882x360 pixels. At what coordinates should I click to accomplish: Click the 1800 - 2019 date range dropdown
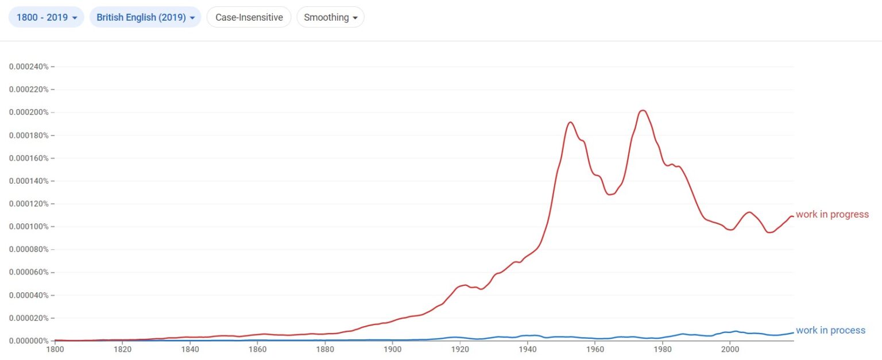coord(47,17)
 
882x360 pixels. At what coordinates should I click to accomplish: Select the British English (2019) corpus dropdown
coord(145,17)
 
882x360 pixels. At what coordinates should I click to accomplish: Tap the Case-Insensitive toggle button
coord(249,17)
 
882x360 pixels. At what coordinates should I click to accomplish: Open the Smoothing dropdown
coord(330,17)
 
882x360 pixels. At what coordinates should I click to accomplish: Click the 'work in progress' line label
coord(832,215)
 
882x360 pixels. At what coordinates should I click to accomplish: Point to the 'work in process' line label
coord(830,330)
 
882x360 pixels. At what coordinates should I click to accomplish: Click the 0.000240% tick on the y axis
coord(29,67)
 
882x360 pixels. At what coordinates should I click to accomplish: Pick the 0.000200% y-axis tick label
coord(29,113)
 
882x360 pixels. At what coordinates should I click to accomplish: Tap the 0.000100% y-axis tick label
coord(29,227)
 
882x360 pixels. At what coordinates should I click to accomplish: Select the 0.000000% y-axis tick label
coord(29,341)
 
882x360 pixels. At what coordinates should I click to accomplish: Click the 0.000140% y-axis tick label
coord(29,181)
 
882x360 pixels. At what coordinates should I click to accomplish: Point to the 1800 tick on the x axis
coord(55,349)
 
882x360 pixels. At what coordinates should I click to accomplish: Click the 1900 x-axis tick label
coord(392,349)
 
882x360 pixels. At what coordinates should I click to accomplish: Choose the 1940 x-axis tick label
coord(527,349)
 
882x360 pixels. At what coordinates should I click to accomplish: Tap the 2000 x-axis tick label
coord(730,349)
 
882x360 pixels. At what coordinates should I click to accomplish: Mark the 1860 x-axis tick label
coord(257,349)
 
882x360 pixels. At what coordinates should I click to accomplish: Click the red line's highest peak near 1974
coord(643,110)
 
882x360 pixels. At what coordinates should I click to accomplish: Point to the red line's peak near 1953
coord(570,122)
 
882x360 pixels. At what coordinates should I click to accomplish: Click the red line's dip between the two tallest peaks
coord(610,195)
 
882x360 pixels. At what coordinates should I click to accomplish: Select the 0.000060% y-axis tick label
coord(29,272)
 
